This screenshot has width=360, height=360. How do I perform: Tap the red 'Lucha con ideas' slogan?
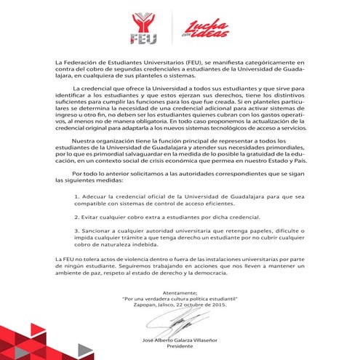pyautogui.click(x=205, y=28)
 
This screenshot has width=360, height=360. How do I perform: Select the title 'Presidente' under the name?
pyautogui.click(x=180, y=348)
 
